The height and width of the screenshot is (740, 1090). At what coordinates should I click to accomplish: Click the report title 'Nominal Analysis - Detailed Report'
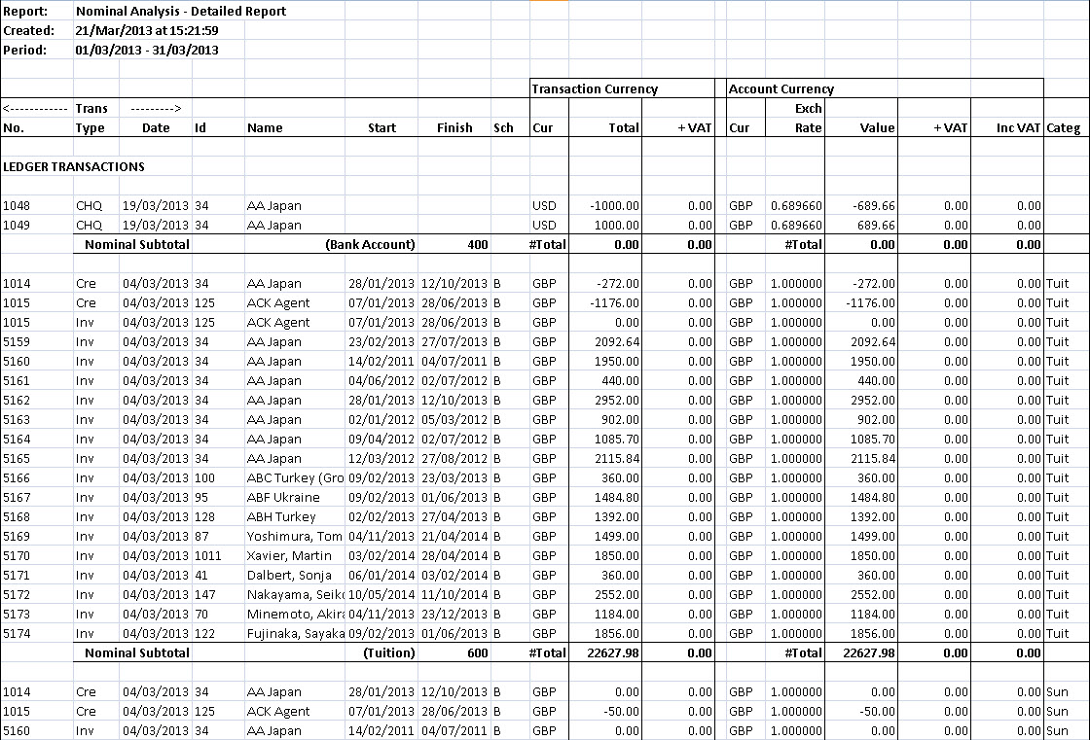click(x=180, y=12)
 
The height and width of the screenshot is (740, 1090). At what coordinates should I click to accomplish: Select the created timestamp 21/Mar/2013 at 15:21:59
click(x=146, y=31)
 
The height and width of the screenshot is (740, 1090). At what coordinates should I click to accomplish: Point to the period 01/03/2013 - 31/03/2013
click(x=146, y=51)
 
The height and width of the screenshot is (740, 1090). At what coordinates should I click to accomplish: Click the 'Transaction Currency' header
click(x=595, y=89)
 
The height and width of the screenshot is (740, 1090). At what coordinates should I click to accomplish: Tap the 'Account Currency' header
click(x=781, y=89)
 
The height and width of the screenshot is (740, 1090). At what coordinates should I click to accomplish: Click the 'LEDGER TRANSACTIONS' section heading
click(x=74, y=167)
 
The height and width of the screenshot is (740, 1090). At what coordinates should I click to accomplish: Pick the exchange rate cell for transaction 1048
click(x=796, y=206)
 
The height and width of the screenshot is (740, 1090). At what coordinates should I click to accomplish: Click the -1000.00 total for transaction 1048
click(x=614, y=206)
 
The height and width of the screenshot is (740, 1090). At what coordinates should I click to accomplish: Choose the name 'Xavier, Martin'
click(x=289, y=556)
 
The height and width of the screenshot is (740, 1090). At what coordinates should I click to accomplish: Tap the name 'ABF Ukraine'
click(x=283, y=498)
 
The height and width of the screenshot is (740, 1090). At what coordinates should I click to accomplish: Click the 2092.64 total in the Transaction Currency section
click(x=614, y=342)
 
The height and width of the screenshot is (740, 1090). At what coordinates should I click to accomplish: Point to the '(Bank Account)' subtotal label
click(x=370, y=245)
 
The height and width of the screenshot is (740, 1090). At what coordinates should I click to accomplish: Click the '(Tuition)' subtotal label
click(x=388, y=653)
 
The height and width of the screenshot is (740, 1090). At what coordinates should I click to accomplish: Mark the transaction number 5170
click(x=17, y=556)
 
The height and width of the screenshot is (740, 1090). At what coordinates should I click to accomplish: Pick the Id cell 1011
click(x=207, y=556)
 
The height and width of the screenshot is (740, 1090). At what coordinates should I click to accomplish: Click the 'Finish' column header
click(x=454, y=128)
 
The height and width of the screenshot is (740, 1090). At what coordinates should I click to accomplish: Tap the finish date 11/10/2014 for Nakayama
click(x=454, y=595)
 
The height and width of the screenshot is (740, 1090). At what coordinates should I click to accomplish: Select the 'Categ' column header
click(x=1063, y=128)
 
